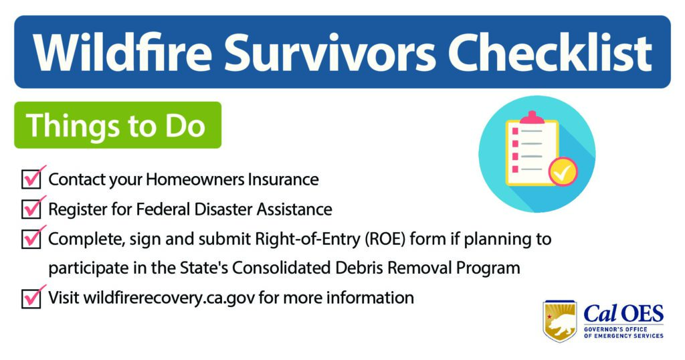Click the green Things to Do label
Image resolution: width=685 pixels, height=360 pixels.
point(118,125)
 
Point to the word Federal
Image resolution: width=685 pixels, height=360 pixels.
point(163,209)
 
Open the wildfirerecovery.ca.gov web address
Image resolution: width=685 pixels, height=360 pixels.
point(169,298)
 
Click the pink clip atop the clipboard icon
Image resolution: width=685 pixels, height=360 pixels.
point(532,117)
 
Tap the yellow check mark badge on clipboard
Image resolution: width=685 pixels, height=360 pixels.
point(563,171)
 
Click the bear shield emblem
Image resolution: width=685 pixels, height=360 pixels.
point(560,321)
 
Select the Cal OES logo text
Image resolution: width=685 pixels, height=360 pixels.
point(623,314)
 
